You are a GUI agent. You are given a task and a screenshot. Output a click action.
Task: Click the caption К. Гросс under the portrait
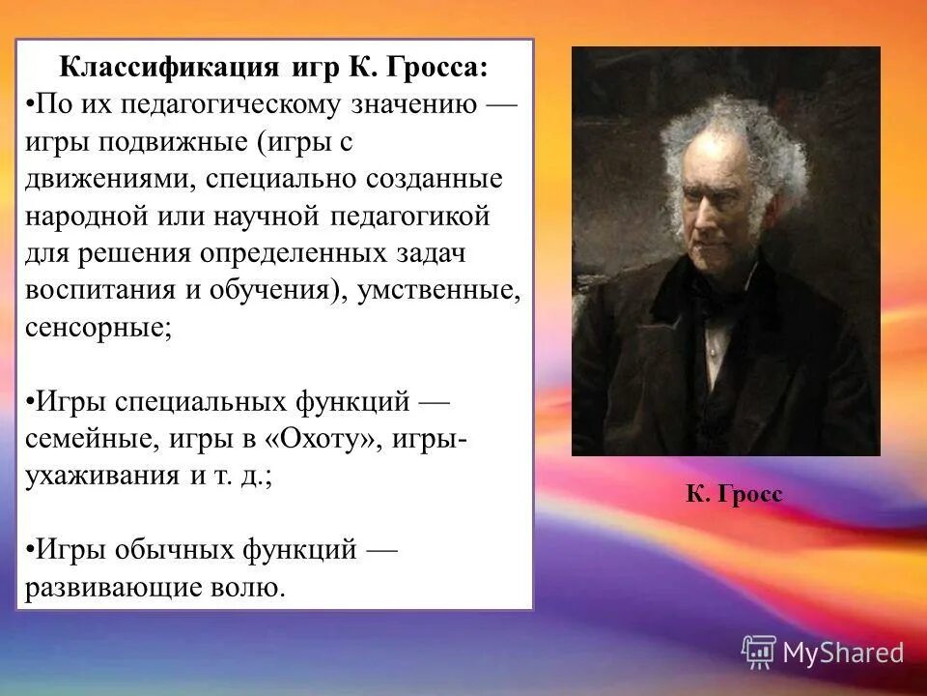pos(733,495)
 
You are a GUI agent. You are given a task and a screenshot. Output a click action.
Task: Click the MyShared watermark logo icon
pos(759,652)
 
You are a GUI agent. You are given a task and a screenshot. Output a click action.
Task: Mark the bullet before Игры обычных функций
pos(30,550)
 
